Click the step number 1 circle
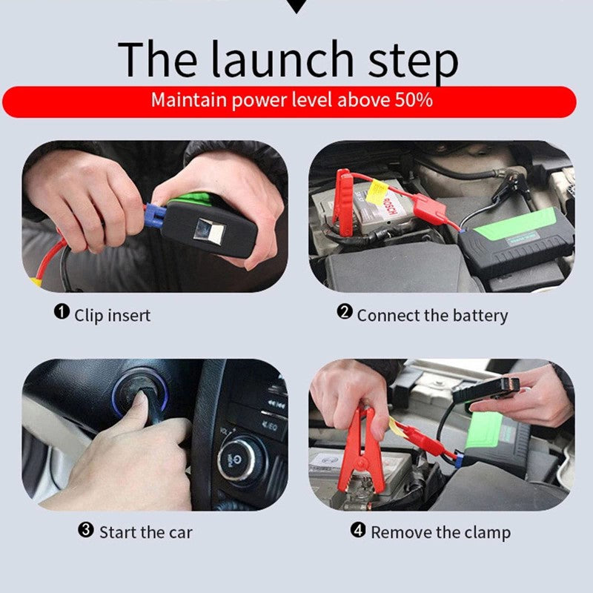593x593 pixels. pyautogui.click(x=62, y=312)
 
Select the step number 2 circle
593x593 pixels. pyautogui.click(x=345, y=312)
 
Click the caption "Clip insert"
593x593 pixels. pyautogui.click(x=112, y=315)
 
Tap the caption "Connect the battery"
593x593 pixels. pyautogui.click(x=432, y=315)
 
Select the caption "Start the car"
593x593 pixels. pyautogui.click(x=146, y=532)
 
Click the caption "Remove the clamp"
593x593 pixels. pyautogui.click(x=440, y=532)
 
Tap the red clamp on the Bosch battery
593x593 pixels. pyautogui.click(x=343, y=202)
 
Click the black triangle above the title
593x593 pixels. pyautogui.click(x=296, y=6)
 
